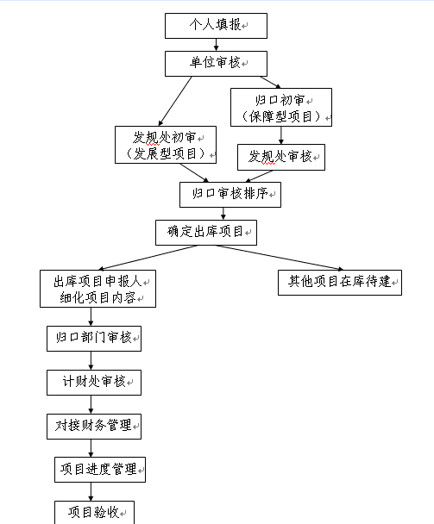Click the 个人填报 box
(216, 26)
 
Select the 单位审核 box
(216, 64)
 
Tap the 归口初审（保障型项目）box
(281, 107)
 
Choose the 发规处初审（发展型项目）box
(166, 145)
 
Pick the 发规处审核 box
(281, 157)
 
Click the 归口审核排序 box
(230, 195)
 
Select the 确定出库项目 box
(206, 232)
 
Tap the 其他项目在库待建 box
(340, 283)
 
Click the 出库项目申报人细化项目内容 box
(97, 289)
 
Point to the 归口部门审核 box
(94, 339)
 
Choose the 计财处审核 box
(94, 383)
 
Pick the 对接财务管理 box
(94, 427)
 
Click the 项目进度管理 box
(100, 470)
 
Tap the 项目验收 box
(94, 512)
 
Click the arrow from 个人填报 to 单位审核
(217, 45)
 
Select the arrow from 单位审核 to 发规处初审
(175, 101)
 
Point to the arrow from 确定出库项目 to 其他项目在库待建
(280, 258)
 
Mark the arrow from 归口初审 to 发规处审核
(281, 135)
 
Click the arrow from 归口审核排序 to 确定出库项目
(223, 214)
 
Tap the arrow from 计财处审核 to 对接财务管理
(91, 404)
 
